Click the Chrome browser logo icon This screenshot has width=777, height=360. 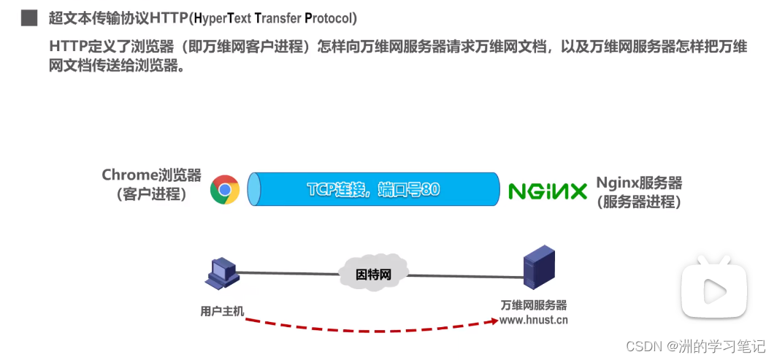tap(225, 190)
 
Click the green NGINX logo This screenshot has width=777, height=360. tap(548, 191)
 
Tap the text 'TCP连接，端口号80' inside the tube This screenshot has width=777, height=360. tap(373, 190)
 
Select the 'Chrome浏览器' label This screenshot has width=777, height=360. tap(151, 175)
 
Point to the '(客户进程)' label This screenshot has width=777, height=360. tap(151, 195)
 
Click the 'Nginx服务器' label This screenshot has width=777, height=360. tap(639, 183)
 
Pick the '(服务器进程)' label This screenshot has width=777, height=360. tap(639, 202)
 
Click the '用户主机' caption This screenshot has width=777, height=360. tap(222, 311)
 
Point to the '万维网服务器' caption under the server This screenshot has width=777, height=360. tap(534, 305)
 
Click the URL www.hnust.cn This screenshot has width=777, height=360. tap(534, 319)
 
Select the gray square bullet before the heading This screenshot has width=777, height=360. tap(29, 18)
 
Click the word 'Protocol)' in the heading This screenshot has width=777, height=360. tap(331, 18)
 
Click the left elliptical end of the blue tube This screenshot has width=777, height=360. tap(253, 190)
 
